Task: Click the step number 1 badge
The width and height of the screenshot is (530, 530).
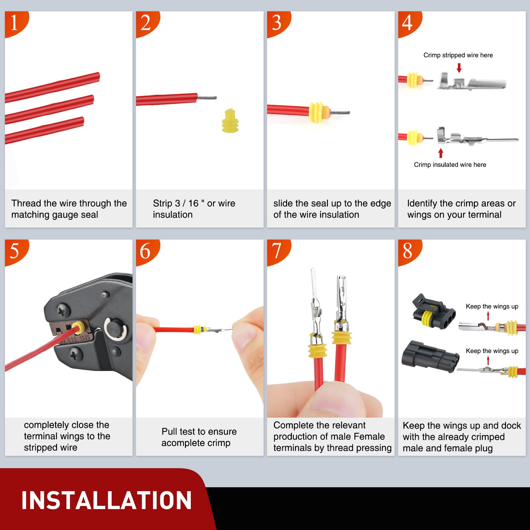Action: [15, 23]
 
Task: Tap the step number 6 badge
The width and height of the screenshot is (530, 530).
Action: [146, 251]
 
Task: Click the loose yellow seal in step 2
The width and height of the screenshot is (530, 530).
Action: [230, 121]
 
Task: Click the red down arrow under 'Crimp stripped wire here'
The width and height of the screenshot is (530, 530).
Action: [459, 68]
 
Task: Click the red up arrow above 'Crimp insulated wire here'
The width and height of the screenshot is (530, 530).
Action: [441, 153]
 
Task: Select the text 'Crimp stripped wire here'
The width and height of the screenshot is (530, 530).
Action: [458, 55]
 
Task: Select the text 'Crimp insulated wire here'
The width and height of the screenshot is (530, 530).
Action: [450, 165]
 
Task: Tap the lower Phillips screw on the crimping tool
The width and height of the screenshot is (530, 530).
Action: [75, 354]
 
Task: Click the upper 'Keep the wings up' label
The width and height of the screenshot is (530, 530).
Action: [492, 306]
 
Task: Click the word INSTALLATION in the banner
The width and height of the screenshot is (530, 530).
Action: [106, 500]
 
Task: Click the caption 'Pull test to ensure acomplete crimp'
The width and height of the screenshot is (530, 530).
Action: [199, 437]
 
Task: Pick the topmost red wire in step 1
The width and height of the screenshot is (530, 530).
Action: [53, 87]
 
